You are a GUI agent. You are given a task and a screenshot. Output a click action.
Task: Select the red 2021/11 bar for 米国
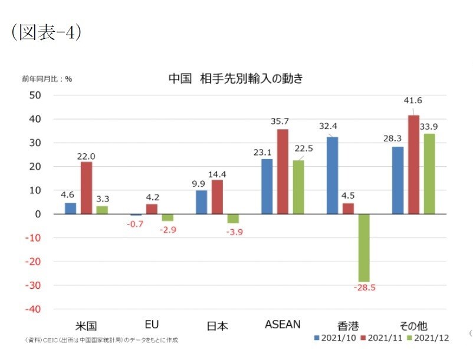point(86,187)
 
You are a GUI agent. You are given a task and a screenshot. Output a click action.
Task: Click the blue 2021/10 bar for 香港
point(333,175)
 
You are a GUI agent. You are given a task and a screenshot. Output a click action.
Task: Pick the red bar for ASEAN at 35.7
point(283,171)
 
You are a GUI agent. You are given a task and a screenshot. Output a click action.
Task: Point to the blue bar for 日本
point(202,202)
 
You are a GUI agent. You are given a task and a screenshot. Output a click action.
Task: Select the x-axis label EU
point(152,325)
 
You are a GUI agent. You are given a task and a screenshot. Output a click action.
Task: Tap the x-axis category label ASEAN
point(283,325)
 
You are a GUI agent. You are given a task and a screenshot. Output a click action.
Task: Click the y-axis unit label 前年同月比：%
point(47,78)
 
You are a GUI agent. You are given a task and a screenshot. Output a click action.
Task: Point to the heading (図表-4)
point(47,33)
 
